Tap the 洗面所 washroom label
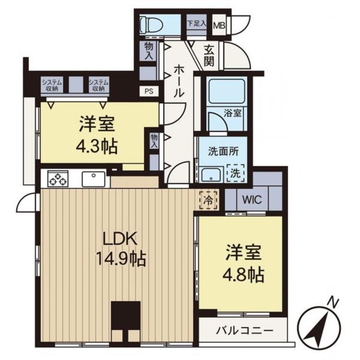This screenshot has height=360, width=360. [x=221, y=149]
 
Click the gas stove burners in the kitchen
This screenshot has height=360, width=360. [x=58, y=179]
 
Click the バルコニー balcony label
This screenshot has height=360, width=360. [x=244, y=331]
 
